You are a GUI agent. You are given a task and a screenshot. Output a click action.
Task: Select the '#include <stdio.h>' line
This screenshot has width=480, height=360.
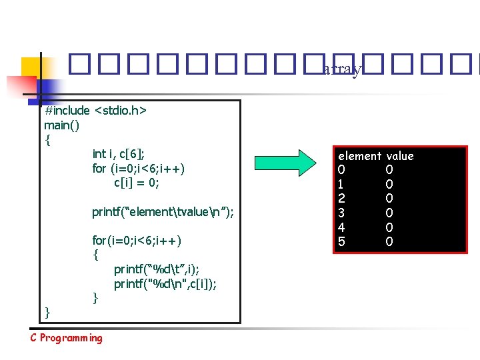[x=95, y=110]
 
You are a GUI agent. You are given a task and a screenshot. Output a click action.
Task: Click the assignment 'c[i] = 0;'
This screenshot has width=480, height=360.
[x=137, y=182]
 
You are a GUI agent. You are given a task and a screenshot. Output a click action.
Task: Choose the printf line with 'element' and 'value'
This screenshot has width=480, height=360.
[x=163, y=212]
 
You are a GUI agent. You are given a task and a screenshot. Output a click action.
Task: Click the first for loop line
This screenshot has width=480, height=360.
[x=138, y=168]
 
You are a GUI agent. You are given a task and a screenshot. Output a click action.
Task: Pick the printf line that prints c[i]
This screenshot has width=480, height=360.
[x=165, y=284]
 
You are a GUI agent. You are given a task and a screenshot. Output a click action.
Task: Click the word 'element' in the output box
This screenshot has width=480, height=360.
[x=359, y=156]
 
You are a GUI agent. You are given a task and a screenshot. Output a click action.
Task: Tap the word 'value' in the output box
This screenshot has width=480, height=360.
[x=400, y=156]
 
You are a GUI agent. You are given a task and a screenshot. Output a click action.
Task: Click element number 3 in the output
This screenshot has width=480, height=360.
[x=342, y=213]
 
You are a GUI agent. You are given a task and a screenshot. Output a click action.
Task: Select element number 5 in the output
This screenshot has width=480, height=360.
[x=342, y=241]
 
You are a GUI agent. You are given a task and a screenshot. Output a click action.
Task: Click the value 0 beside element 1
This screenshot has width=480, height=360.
[x=389, y=184]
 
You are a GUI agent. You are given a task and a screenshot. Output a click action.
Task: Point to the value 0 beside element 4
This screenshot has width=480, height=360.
[x=389, y=227]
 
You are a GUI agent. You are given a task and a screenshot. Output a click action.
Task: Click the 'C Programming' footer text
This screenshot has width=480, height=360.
[x=67, y=338]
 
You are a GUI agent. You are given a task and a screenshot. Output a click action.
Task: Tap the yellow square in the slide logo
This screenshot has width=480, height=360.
[x=34, y=69]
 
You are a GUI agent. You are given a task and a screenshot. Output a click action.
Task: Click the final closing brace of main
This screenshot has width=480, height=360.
[x=47, y=312]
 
